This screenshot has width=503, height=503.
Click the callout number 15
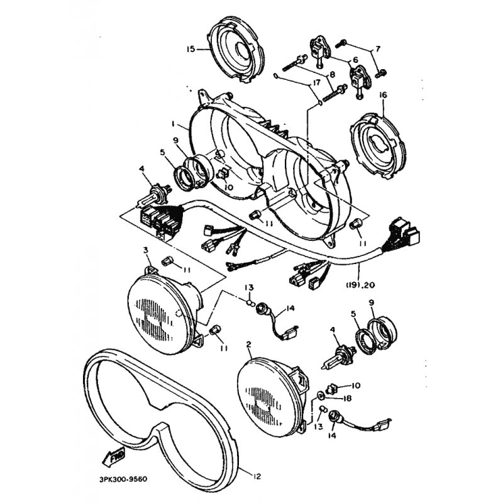[191, 50]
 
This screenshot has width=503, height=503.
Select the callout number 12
[257, 477]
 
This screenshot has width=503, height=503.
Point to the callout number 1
[173, 123]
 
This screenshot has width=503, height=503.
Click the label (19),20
[360, 285]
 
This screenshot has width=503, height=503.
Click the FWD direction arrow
[113, 457]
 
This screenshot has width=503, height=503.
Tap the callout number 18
[347, 399]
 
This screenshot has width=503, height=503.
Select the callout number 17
[316, 83]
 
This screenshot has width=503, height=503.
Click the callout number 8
[333, 74]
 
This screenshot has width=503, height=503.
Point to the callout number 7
[378, 49]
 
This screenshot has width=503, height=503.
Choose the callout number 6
[355, 60]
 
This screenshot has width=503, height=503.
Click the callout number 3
[146, 249]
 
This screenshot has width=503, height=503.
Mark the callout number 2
[248, 345]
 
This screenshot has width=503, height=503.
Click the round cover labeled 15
[238, 53]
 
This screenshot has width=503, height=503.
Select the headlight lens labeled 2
[273, 398]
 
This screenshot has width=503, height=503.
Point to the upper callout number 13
[250, 287]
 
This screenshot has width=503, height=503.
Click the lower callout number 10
[356, 385]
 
